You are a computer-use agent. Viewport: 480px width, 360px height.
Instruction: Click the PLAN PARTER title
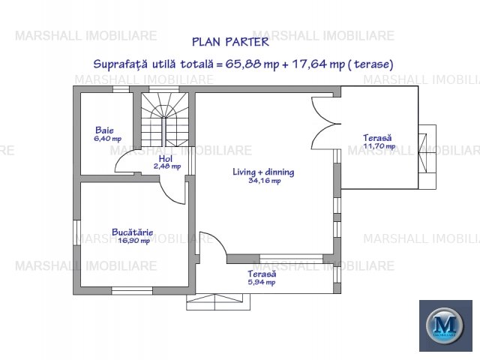click(241, 43)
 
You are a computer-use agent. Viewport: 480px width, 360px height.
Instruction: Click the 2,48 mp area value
click(166, 166)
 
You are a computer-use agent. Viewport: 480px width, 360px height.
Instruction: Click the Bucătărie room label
click(132, 232)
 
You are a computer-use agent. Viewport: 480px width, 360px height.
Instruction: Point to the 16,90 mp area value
click(132, 240)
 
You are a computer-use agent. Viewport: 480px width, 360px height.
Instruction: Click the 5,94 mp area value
click(262, 283)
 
